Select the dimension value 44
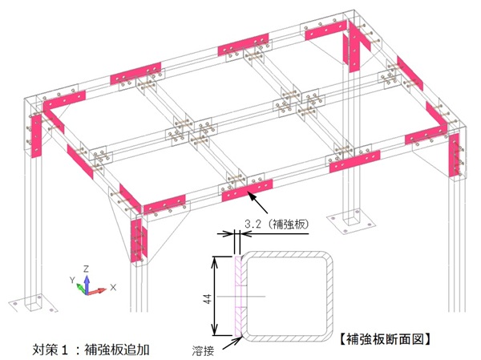click(x=207, y=297)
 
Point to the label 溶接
click(x=204, y=351)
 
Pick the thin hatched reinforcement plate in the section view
click(x=238, y=297)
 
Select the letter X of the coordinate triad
click(x=113, y=286)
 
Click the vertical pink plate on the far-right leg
click(x=455, y=155)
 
